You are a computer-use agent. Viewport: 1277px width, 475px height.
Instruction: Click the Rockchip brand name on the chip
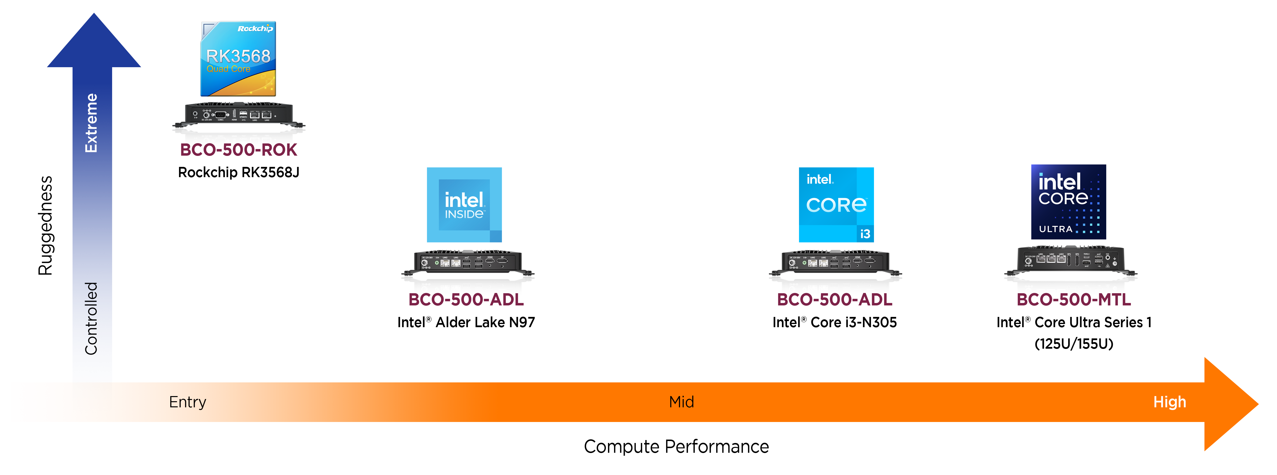coord(255,29)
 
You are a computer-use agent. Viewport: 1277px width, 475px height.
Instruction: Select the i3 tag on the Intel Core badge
coord(865,234)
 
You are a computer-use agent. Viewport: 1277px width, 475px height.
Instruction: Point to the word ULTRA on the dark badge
coord(1056,229)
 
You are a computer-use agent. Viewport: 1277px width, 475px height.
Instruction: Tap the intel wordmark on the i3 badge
coord(820,180)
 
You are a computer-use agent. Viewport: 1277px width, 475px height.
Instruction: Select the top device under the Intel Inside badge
coord(468,261)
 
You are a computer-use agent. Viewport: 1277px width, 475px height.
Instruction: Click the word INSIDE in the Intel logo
coord(464,214)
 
